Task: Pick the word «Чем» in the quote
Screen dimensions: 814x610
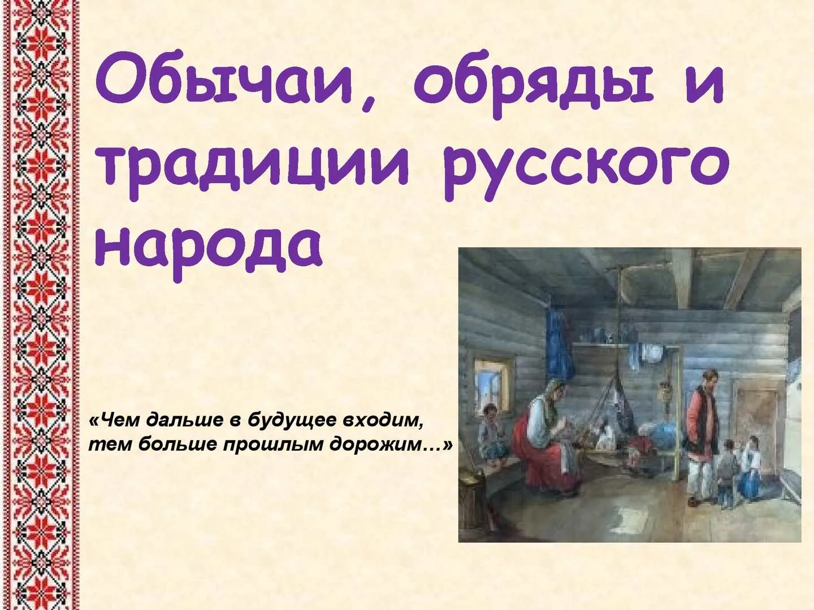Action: pos(117,421)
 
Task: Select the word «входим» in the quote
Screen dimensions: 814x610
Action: pos(382,421)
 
